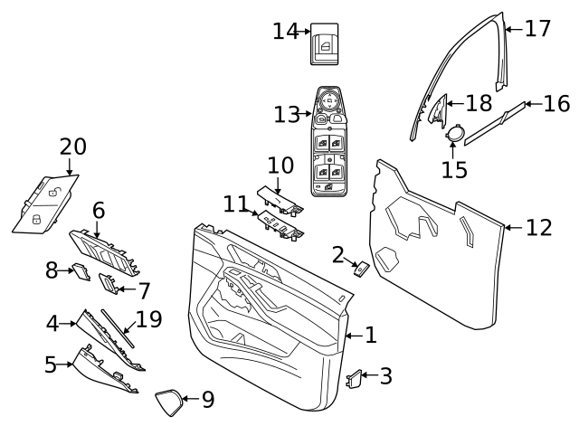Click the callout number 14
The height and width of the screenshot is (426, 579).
click(285, 32)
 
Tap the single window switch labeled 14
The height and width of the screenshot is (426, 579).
click(324, 43)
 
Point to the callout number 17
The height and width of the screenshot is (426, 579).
click(537, 29)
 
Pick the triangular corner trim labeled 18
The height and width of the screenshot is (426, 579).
click(438, 109)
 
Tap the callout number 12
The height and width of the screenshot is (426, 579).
click(538, 228)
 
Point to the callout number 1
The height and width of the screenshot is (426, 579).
click(370, 336)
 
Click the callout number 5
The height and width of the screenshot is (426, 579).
click(51, 365)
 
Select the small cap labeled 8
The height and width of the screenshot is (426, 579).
click(80, 269)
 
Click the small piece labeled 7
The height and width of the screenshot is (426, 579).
click(109, 286)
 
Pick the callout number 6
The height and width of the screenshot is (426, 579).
click(99, 211)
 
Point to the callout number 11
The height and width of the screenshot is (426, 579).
click(235, 204)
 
